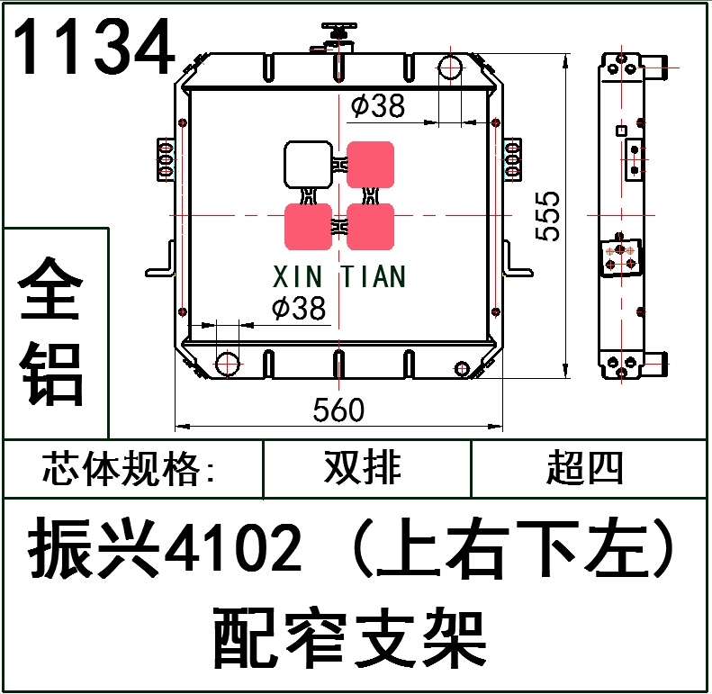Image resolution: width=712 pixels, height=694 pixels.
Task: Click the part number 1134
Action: [94, 48]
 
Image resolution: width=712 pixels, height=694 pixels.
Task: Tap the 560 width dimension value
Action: [338, 410]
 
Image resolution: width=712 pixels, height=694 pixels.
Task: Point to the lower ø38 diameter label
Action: [298, 309]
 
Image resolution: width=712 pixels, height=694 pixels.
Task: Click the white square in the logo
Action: [308, 164]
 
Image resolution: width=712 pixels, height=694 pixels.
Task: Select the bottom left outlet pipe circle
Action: [229, 364]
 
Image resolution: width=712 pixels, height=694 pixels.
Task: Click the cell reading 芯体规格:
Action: [131, 469]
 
